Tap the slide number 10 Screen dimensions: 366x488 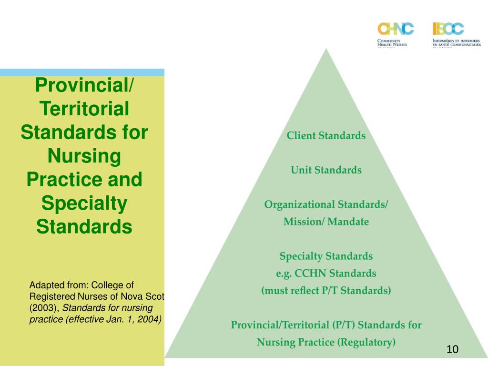tap(452, 349)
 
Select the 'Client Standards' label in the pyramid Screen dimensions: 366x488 tap(326, 136)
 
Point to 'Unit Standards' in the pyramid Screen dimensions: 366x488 tap(326, 170)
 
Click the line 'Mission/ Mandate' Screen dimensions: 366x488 tap(326, 222)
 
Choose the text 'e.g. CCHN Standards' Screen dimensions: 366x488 tap(326, 274)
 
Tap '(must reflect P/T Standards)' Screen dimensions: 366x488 tap(326, 291)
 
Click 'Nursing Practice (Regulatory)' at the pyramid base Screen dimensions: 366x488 tap(326, 342)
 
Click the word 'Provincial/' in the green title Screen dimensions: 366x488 tap(84, 86)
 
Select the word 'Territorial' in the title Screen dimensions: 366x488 tap(84, 109)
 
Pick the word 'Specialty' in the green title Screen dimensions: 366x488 tap(84, 203)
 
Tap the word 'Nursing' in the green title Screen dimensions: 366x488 tap(84, 156)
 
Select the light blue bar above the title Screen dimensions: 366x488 tap(82, 72)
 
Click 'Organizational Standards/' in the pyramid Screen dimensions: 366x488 tap(326, 204)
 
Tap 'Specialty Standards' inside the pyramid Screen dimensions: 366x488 tap(326, 256)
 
